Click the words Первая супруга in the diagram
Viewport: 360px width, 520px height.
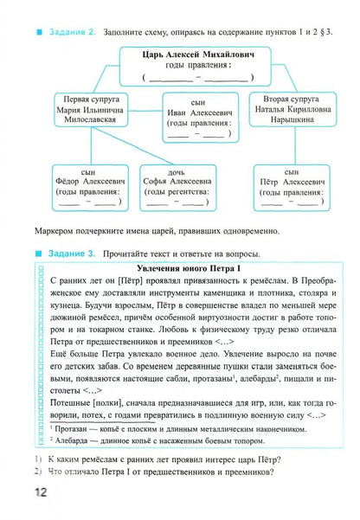(83, 101)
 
